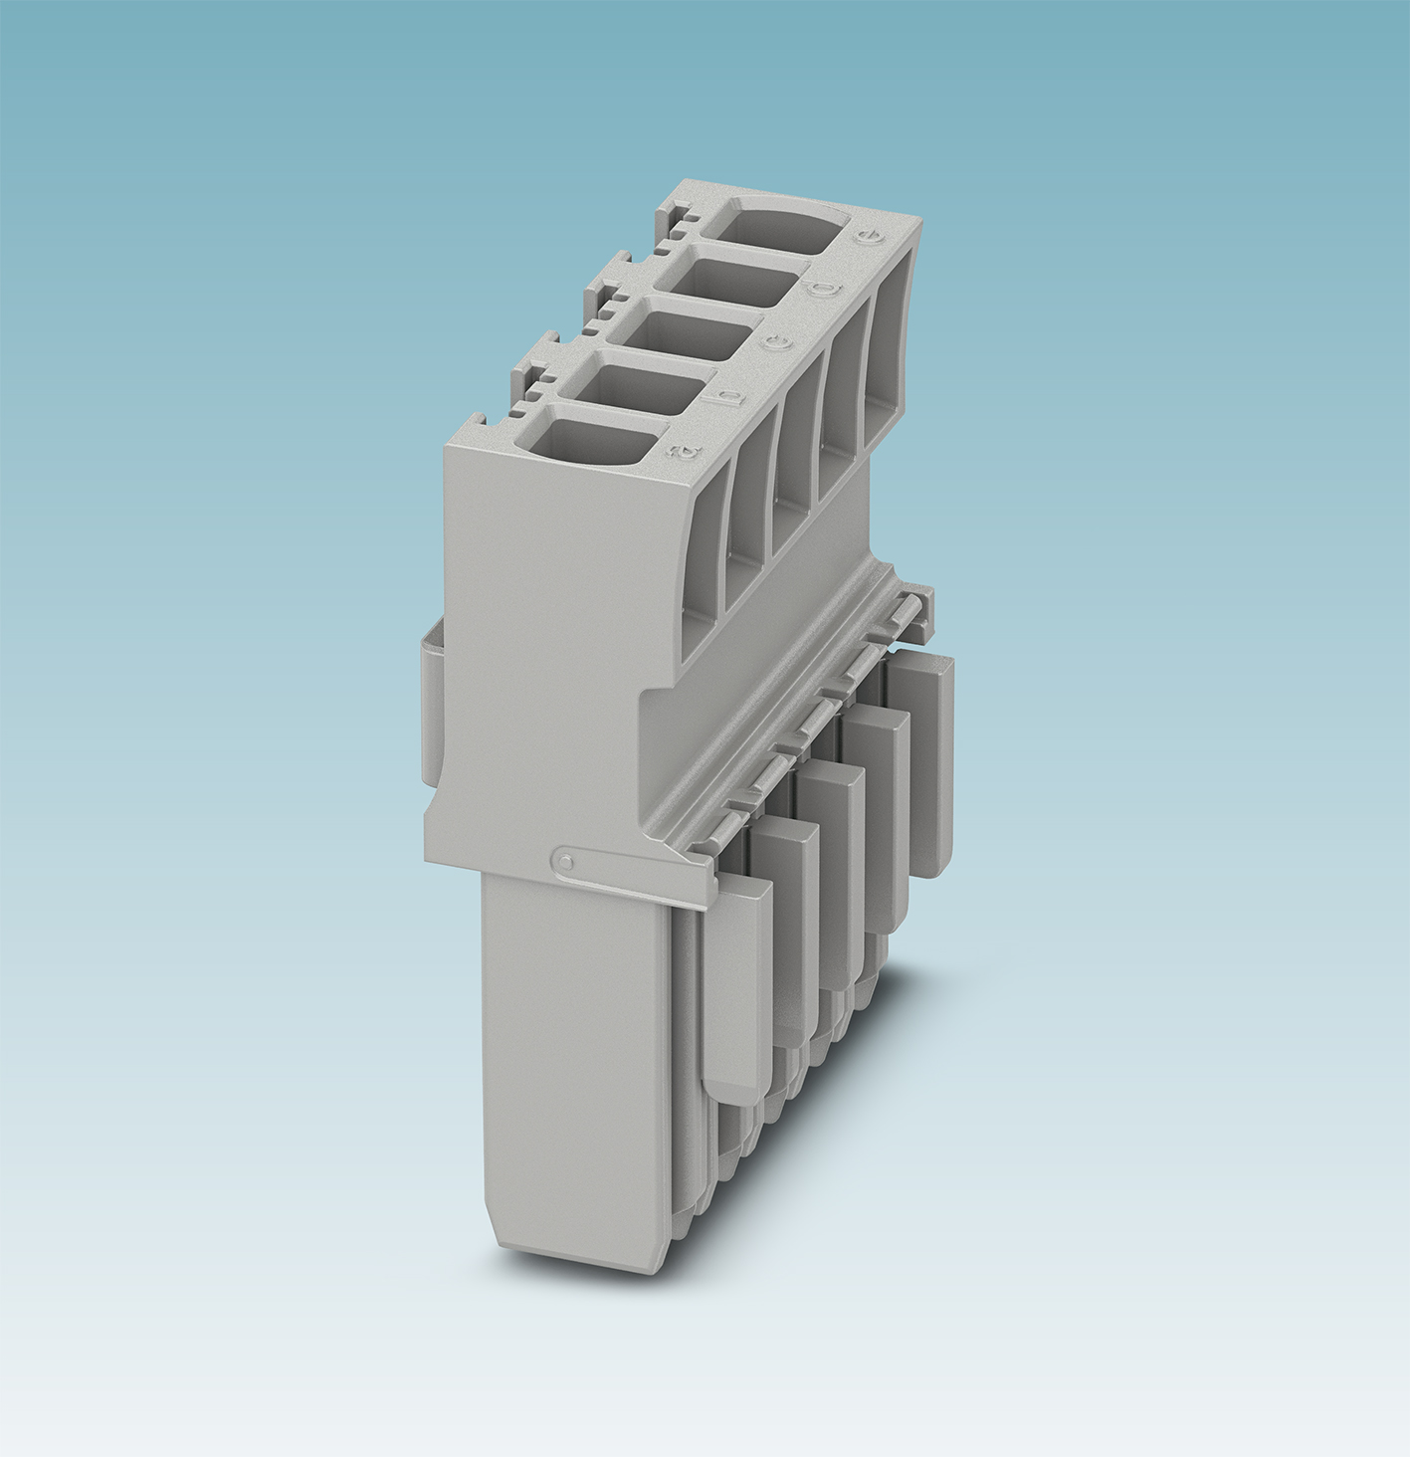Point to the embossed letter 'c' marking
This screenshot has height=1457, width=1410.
[779, 343]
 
